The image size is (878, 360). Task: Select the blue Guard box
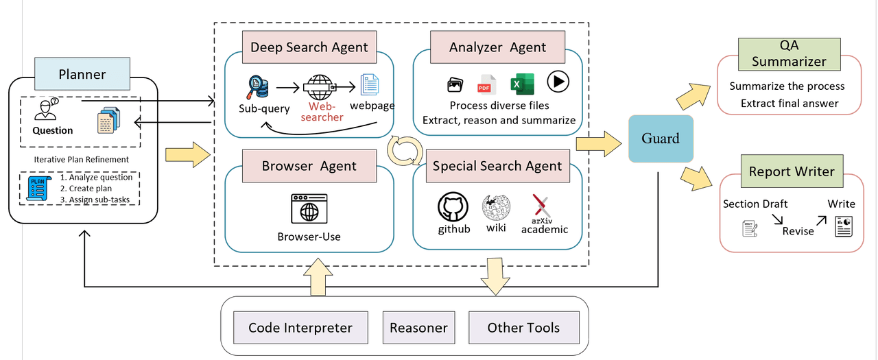(x=660, y=139)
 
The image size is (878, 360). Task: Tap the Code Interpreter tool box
(x=300, y=328)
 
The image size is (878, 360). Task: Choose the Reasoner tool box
(x=418, y=328)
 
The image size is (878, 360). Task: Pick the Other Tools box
(x=523, y=328)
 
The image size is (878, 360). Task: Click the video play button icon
(x=558, y=82)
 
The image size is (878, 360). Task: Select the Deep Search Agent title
(x=309, y=47)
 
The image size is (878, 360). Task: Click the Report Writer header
(x=792, y=171)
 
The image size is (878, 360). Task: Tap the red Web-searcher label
(x=325, y=112)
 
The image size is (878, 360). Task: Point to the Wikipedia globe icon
(x=495, y=207)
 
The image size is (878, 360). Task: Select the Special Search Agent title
(x=497, y=165)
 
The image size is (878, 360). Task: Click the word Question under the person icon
(x=53, y=130)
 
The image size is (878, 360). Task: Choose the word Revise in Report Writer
(x=798, y=231)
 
